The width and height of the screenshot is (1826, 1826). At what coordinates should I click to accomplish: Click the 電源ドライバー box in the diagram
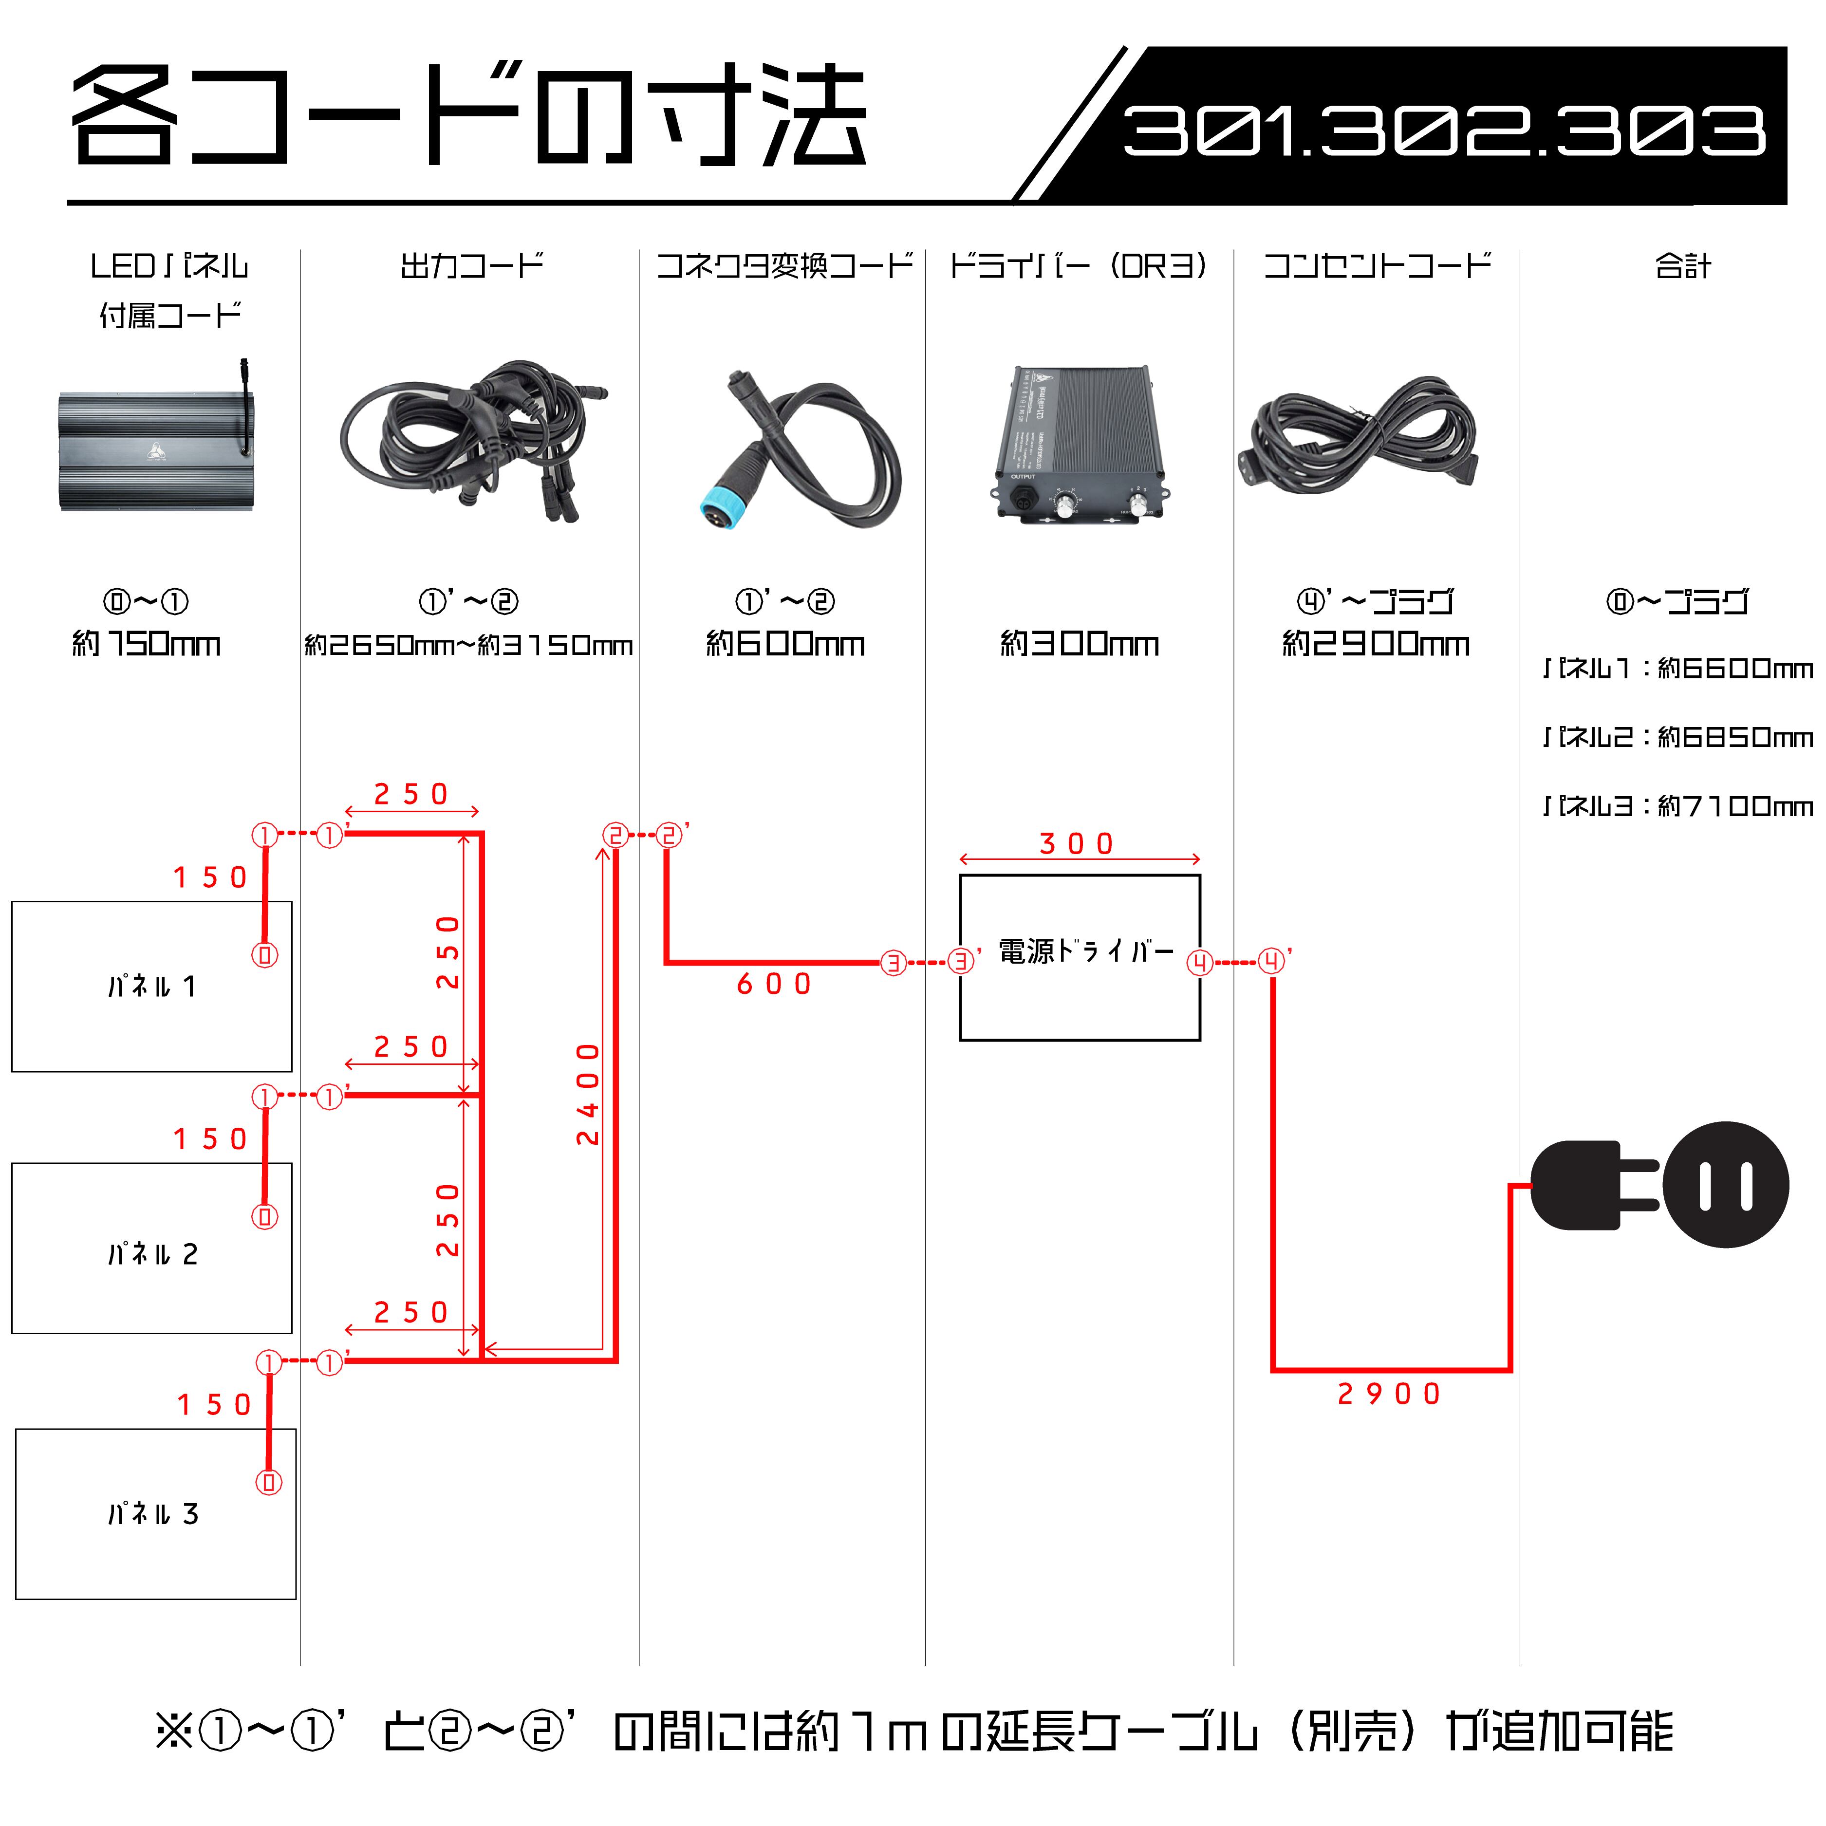pos(1080,957)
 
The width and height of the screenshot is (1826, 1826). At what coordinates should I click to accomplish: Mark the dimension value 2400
pos(588,1095)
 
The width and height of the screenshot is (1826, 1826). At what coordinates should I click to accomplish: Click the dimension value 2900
pos(1389,1394)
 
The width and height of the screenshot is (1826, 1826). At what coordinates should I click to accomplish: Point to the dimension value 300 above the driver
pos(1078,843)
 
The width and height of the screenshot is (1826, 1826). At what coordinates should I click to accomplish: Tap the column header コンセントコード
pos(1377,265)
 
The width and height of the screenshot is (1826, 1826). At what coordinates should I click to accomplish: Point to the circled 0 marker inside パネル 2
pos(264,1216)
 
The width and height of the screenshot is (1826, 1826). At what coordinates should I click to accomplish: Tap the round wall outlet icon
pos(1726,1184)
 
